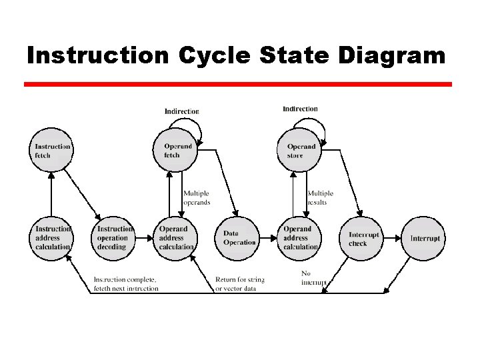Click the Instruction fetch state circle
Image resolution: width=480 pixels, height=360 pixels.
tap(51, 150)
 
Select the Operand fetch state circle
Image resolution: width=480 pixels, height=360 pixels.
tap(177, 150)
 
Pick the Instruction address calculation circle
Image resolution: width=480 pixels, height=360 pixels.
tap(52, 238)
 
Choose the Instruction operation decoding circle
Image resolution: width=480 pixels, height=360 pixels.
tap(114, 238)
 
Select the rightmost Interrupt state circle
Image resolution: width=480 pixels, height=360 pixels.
tap(424, 238)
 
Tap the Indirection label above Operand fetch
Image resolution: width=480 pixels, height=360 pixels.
tap(182, 111)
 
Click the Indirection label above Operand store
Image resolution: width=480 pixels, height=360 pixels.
tap(300, 109)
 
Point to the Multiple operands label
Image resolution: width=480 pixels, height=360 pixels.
tap(197, 198)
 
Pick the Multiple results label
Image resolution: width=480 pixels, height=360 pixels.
tap(320, 198)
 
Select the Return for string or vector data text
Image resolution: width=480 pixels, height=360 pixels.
tap(240, 284)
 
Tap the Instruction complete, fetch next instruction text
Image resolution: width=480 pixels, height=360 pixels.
tap(126, 284)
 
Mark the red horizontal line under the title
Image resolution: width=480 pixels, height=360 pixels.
tap(238, 85)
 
